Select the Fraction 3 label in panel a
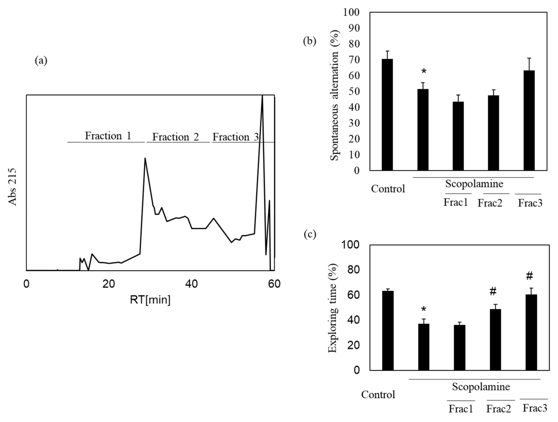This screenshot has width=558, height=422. [236, 137]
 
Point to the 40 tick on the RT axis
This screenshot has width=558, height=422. [191, 284]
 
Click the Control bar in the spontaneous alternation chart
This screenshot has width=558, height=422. [387, 115]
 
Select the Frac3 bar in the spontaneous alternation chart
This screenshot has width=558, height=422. [529, 120]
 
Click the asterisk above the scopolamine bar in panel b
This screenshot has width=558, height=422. [424, 72]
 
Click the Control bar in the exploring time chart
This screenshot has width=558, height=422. [388, 330]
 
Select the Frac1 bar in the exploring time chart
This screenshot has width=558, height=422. [459, 347]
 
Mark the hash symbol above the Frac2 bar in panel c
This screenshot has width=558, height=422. [493, 292]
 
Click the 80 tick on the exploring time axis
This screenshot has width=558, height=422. [353, 270]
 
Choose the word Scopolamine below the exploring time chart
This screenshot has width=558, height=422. [481, 386]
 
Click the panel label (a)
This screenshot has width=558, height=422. [41, 61]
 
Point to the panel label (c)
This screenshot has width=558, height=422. [310, 234]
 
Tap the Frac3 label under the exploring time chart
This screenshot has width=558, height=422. [535, 408]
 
